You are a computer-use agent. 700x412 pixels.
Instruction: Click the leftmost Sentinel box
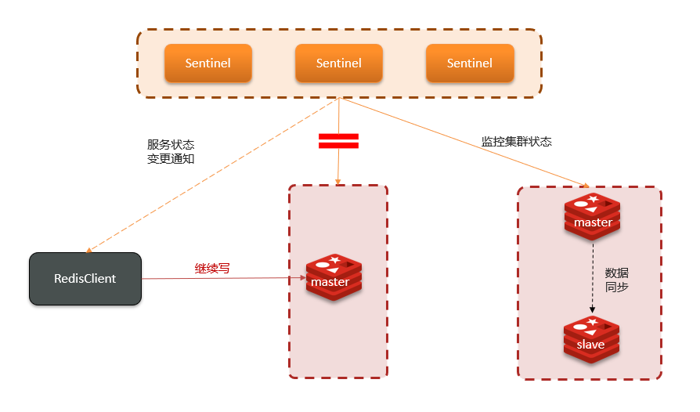[207, 63]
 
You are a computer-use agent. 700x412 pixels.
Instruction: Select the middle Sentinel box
[338, 63]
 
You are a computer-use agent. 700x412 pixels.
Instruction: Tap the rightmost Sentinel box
[470, 63]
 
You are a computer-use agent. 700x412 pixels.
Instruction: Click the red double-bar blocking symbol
[338, 141]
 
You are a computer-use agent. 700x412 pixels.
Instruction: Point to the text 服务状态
[171, 145]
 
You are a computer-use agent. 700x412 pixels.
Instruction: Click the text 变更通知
[171, 158]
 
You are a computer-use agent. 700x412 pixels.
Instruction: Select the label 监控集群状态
[516, 142]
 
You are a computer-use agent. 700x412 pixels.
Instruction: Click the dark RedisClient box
[85, 279]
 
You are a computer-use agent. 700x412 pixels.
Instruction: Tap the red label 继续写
[212, 269]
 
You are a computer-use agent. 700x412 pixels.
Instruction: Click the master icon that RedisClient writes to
[334, 278]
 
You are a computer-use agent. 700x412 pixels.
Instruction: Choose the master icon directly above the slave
[593, 218]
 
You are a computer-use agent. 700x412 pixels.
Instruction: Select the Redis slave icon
[591, 341]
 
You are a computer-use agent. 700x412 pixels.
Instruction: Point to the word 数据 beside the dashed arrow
[617, 273]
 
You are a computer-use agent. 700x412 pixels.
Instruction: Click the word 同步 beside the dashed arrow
[617, 287]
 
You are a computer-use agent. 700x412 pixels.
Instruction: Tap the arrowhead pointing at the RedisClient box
[89, 250]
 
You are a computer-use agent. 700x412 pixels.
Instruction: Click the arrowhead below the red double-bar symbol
[338, 182]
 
